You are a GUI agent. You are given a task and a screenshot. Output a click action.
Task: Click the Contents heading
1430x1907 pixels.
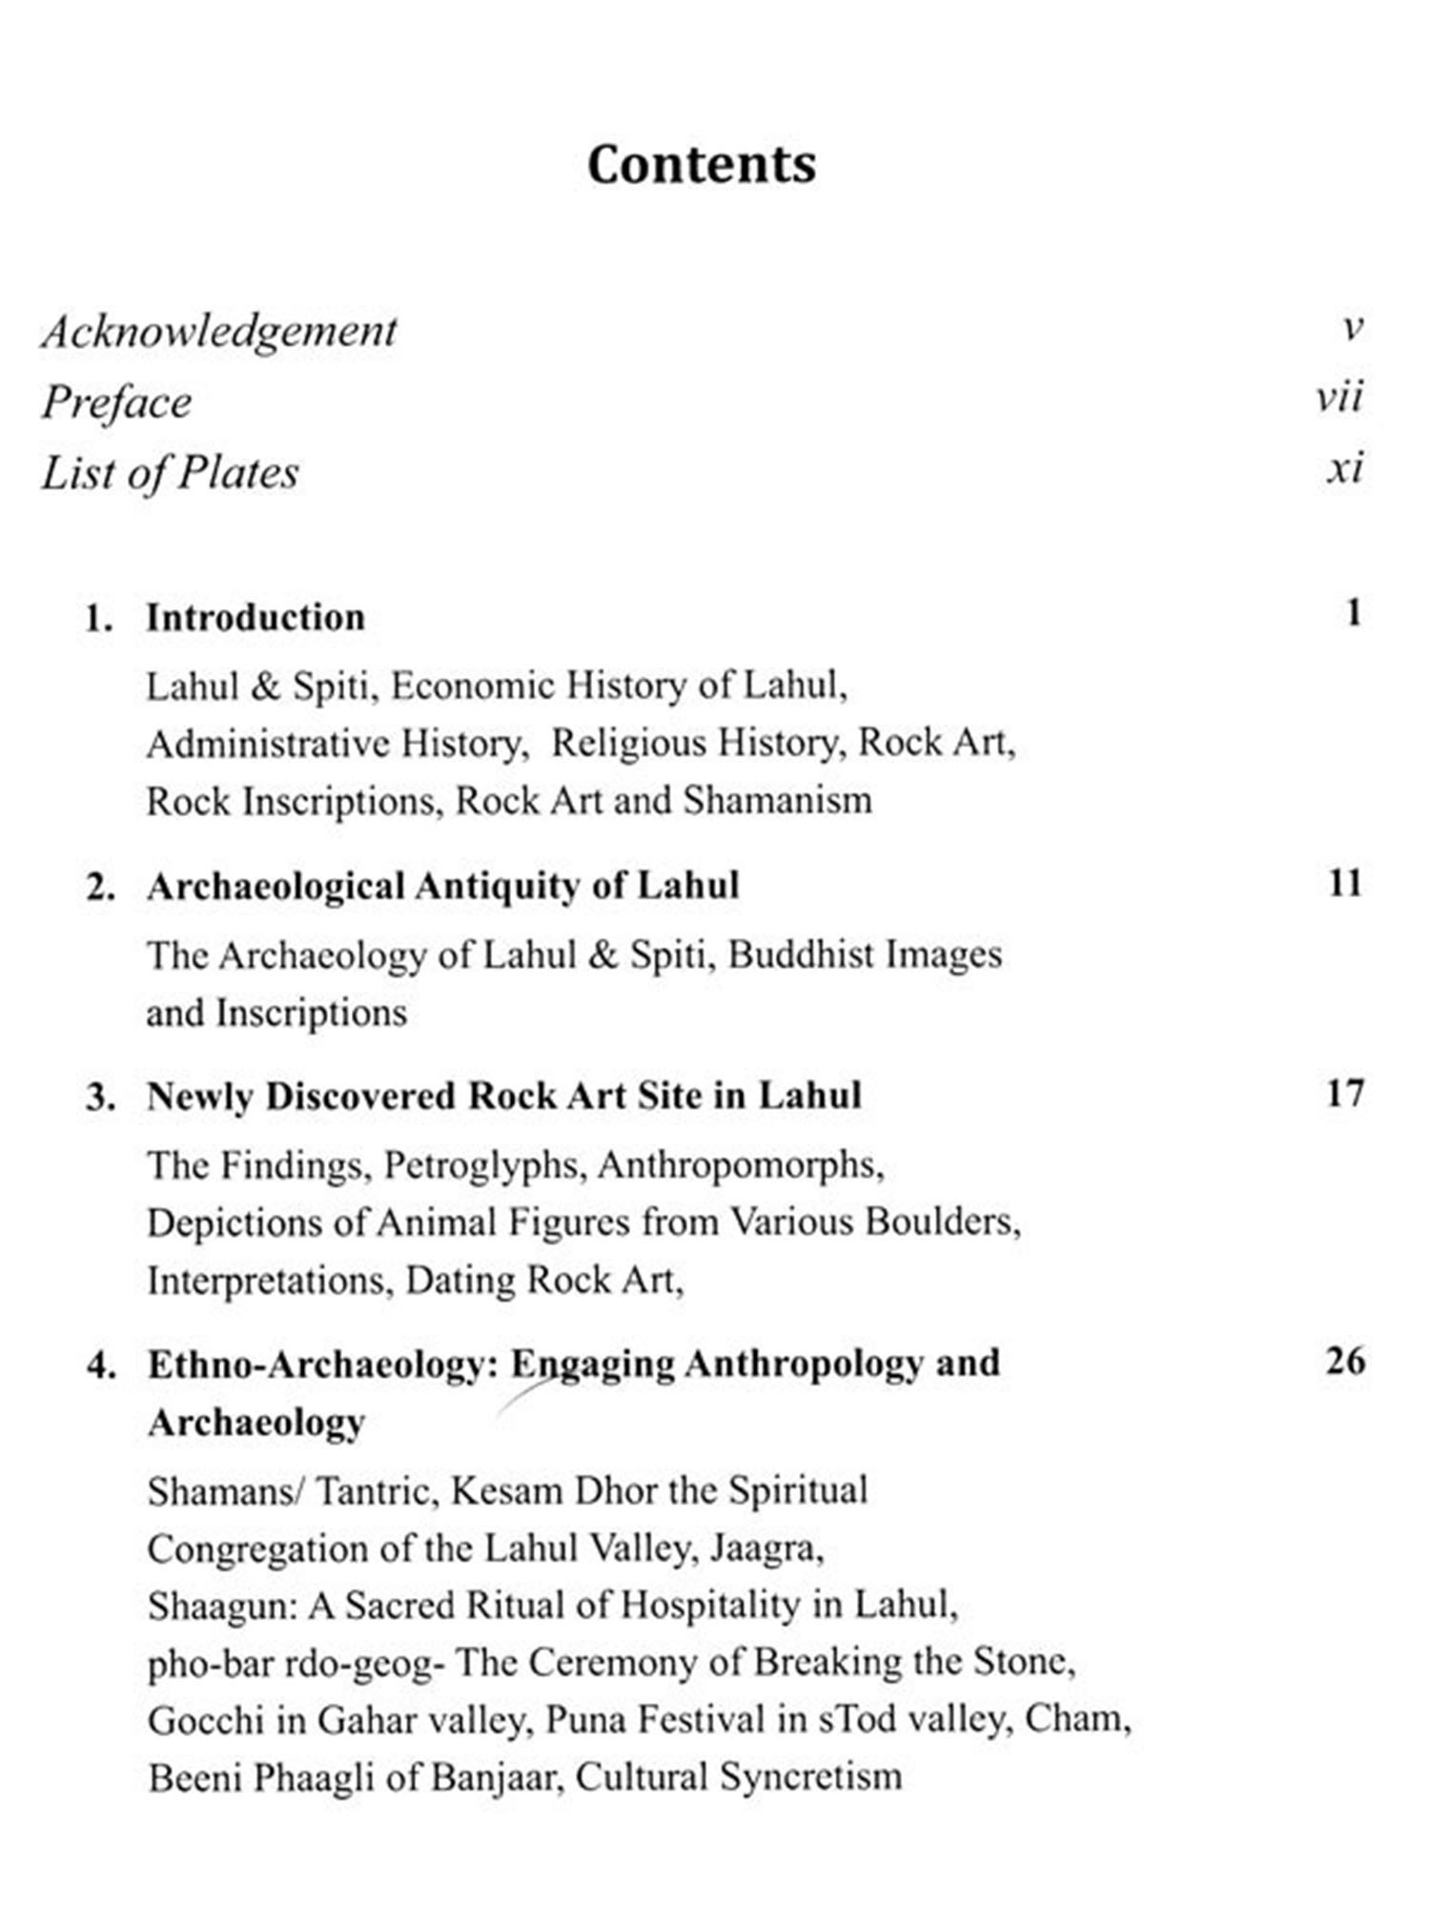coord(702,164)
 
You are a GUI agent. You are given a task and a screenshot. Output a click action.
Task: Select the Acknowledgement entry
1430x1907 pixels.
coord(218,332)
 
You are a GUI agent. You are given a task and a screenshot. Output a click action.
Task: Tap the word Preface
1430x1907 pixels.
coord(116,402)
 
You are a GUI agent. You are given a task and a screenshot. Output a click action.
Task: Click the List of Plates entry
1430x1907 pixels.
coord(170,473)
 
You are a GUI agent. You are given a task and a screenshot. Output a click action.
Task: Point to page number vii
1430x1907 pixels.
coord(1339,397)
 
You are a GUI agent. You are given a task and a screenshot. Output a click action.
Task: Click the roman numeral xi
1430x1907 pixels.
coord(1344,468)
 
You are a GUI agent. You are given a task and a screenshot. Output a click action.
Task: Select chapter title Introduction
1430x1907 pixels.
coord(255,618)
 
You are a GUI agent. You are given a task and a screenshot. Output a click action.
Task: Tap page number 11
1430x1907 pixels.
coord(1345,883)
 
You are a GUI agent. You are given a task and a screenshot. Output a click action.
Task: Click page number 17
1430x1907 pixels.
coord(1345,1093)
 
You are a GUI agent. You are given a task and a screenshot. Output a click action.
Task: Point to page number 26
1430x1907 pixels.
coord(1345,1361)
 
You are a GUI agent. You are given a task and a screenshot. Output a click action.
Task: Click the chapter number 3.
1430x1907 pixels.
coord(98,1097)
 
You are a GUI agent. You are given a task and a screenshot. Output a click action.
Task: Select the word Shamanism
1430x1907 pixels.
coord(777,800)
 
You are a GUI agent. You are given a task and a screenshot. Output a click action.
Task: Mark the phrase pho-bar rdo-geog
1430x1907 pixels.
coord(296,1664)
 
